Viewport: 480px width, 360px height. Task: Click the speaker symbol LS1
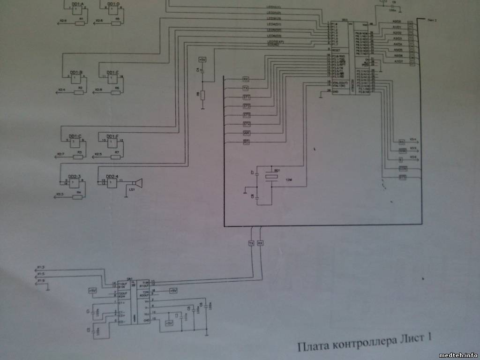coord(136,183)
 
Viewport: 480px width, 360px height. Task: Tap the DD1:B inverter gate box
coord(75,80)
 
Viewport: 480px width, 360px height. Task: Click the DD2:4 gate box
coord(112,183)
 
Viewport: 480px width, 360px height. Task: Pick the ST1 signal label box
coord(247,97)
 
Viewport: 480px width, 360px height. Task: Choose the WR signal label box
coord(247,133)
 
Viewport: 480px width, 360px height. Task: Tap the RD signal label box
coord(247,142)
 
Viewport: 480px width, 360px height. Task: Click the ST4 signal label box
coord(247,124)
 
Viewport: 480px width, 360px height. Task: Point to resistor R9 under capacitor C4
coord(202,95)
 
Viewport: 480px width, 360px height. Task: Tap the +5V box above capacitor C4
coord(202,60)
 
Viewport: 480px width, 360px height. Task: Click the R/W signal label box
coord(402,150)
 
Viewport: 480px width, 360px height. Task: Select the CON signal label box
coord(402,168)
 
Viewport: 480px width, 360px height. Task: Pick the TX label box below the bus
coord(251,244)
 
